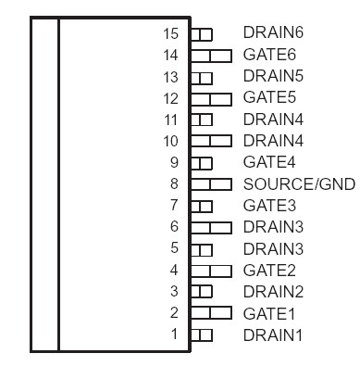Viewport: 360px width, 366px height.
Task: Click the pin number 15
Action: [170, 33]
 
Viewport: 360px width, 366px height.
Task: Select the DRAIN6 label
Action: [273, 32]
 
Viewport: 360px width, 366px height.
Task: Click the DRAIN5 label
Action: [273, 76]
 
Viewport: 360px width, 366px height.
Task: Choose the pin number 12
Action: [170, 98]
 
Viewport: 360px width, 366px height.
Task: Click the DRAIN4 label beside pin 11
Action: [273, 119]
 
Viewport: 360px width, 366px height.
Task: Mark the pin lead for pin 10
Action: [210, 141]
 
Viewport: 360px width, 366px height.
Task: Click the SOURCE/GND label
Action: [299, 183]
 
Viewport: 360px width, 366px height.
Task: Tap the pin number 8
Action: [173, 184]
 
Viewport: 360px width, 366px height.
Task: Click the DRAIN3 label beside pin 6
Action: [273, 226]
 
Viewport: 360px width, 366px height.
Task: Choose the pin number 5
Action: [173, 248]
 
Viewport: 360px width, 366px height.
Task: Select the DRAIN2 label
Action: [273, 291]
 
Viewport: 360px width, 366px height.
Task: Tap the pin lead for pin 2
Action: [210, 312]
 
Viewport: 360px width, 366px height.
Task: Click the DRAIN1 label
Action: [273, 334]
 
